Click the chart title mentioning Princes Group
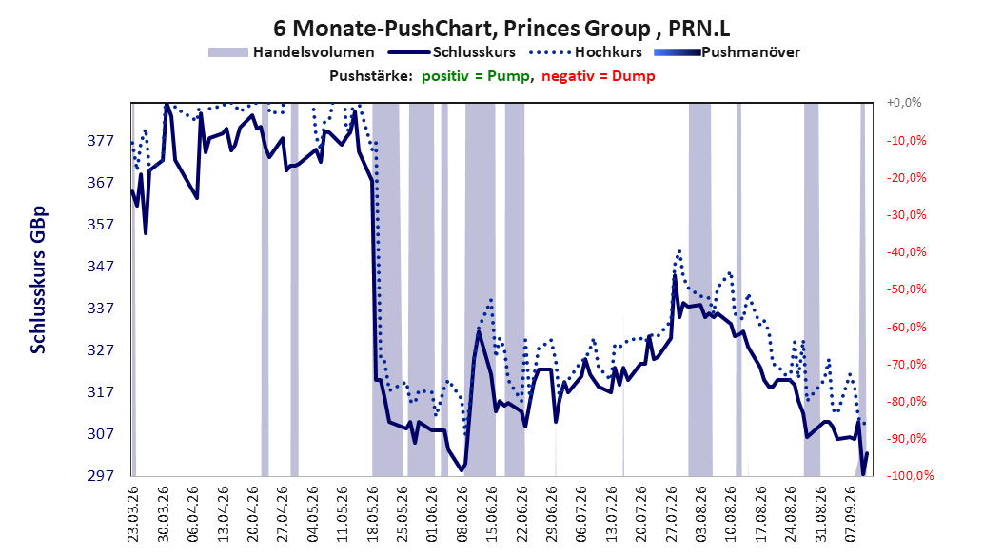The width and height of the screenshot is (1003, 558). pyautogui.click(x=501, y=29)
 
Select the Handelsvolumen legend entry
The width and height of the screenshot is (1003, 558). pyautogui.click(x=291, y=52)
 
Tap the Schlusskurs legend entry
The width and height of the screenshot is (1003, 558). pyautogui.click(x=452, y=52)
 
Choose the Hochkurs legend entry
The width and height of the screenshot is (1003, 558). pyautogui.click(x=583, y=52)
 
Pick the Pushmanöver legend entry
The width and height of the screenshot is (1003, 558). pyautogui.click(x=727, y=52)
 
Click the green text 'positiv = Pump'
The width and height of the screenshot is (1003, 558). pyautogui.click(x=476, y=76)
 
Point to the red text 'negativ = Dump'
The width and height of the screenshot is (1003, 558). pyautogui.click(x=599, y=76)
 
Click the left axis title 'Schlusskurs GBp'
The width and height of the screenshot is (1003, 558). pyautogui.click(x=38, y=280)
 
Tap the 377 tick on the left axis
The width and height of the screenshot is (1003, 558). pyautogui.click(x=101, y=141)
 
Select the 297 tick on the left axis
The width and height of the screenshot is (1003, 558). pyautogui.click(x=101, y=475)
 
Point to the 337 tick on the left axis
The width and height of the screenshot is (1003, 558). pyautogui.click(x=101, y=309)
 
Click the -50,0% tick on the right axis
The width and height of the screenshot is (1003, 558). pyautogui.click(x=906, y=289)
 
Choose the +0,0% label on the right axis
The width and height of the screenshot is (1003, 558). pyautogui.click(x=904, y=103)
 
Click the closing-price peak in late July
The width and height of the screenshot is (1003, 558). pyautogui.click(x=674, y=275)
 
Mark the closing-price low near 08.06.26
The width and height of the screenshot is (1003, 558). pyautogui.click(x=462, y=471)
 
